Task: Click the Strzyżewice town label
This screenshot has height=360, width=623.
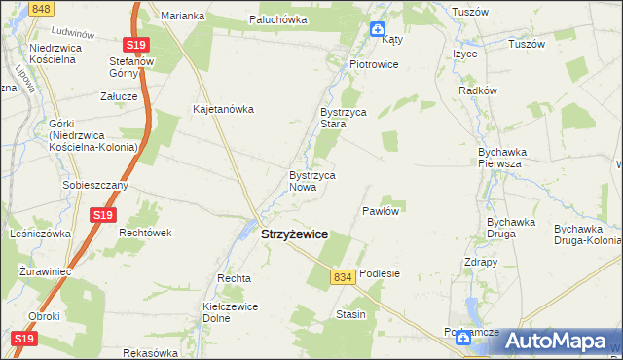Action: click(x=294, y=234)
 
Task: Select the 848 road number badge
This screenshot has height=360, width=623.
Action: click(x=40, y=8)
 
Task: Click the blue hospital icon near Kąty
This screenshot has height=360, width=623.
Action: click(x=378, y=29)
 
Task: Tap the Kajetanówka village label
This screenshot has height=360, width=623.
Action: click(x=224, y=109)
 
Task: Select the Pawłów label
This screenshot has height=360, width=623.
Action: click(x=383, y=210)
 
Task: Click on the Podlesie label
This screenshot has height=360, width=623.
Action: click(x=380, y=274)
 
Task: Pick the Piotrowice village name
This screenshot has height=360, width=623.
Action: click(x=375, y=64)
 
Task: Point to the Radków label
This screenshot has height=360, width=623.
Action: click(x=477, y=90)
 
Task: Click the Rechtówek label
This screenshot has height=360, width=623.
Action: click(x=145, y=233)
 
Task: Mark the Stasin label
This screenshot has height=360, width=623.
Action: click(x=350, y=314)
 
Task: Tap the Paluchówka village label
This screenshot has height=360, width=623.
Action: click(x=278, y=19)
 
